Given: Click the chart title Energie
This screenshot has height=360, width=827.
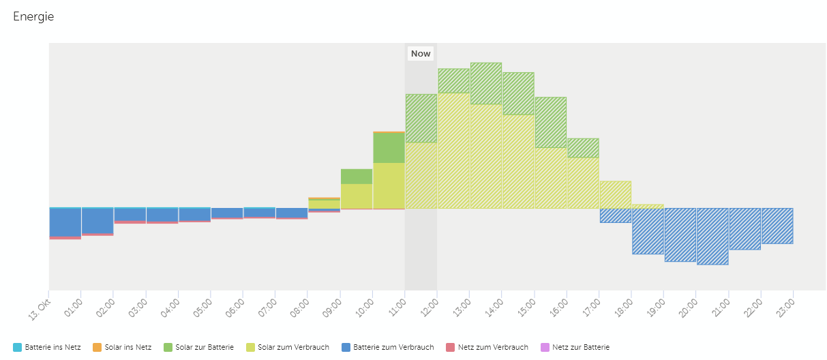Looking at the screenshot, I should point(33,17).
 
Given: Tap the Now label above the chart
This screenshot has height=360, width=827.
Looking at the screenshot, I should point(421,53).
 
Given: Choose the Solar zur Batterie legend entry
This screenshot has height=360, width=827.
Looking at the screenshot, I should point(200,347).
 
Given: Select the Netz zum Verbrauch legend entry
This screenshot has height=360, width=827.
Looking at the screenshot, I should point(487,347).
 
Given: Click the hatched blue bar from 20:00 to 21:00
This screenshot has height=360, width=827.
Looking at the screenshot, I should point(712,236).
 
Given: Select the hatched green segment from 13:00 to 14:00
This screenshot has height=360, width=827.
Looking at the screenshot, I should point(486,83).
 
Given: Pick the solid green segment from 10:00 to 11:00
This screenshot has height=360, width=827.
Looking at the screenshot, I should point(389,147).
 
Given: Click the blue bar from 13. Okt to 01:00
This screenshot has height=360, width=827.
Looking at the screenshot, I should point(65,222).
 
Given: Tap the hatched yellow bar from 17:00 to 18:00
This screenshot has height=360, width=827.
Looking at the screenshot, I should point(615,194).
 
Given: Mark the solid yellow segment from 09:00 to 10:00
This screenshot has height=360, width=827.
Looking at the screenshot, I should point(357,196).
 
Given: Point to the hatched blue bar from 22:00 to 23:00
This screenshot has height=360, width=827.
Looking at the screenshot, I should point(777,226).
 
